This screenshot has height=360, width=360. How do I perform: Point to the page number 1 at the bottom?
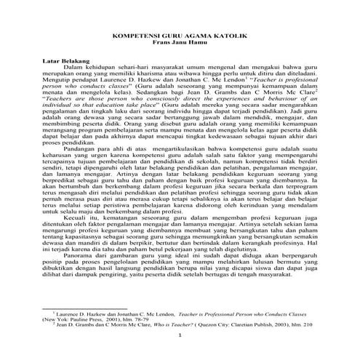180,336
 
